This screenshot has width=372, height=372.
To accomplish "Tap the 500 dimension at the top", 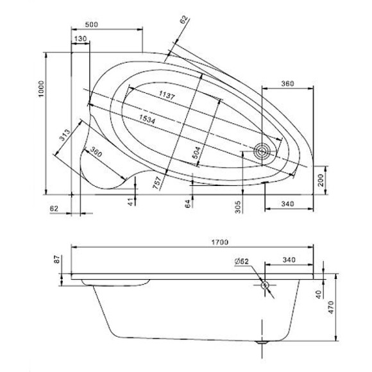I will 92,24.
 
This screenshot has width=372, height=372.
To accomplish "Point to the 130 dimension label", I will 80,40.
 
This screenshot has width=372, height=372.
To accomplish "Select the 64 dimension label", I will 188,204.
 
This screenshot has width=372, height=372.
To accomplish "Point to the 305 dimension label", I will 237,207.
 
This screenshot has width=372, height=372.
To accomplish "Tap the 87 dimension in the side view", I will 57,260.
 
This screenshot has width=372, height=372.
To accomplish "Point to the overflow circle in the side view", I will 264,285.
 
